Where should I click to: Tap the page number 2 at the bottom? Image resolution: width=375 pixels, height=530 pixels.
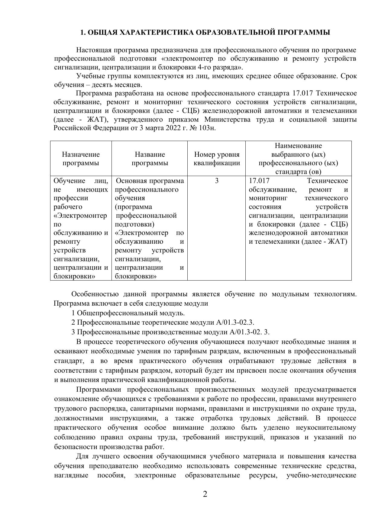(205, 494)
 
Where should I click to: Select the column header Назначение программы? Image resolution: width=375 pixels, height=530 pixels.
(81, 159)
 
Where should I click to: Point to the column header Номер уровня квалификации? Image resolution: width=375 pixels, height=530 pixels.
(217, 159)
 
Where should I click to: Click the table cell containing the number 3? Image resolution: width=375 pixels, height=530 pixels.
(217, 181)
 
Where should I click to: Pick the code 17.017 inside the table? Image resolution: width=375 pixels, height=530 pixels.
(259, 181)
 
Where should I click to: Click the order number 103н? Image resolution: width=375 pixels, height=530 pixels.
(208, 128)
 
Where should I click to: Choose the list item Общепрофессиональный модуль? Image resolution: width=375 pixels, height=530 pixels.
(131, 313)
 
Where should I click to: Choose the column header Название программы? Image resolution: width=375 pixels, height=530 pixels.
(150, 159)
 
